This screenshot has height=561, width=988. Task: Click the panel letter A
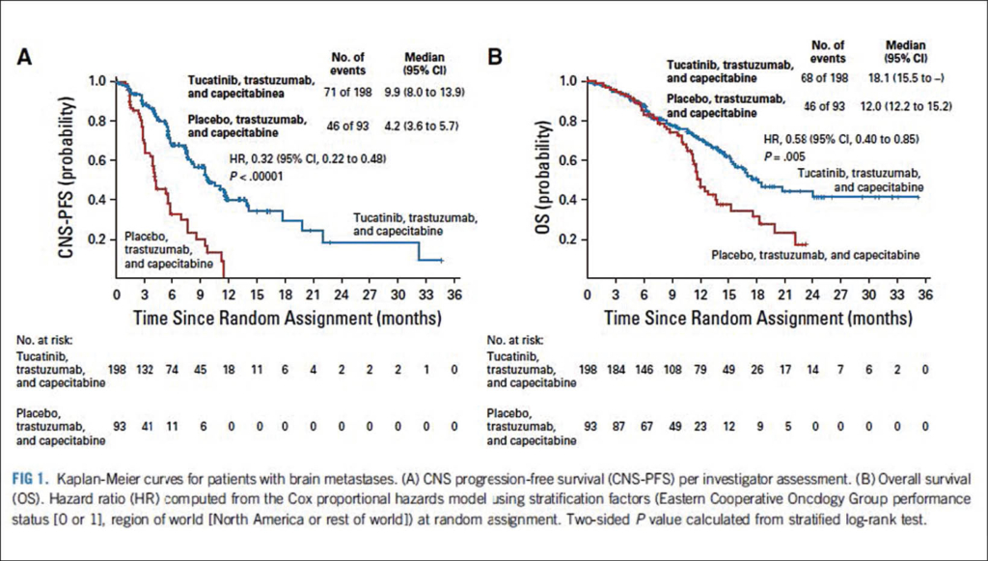pyautogui.click(x=29, y=57)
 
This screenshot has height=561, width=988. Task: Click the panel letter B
pyautogui.click(x=496, y=57)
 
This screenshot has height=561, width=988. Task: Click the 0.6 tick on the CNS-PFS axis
pyautogui.click(x=97, y=161)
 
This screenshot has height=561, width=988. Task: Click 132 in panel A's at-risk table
pyautogui.click(x=146, y=370)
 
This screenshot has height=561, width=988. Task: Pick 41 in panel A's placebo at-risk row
pyautogui.click(x=146, y=425)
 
